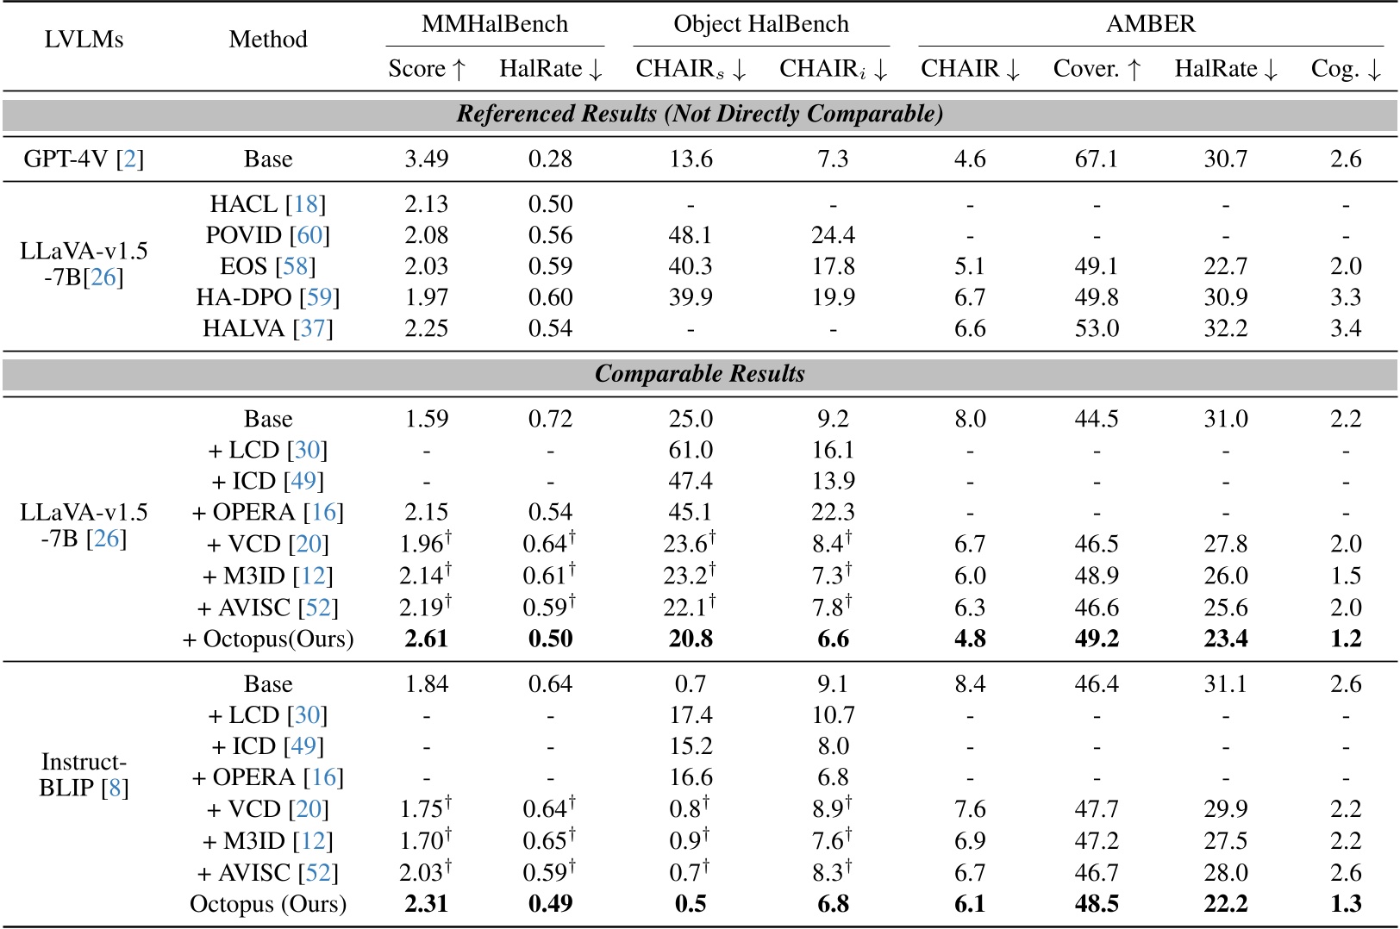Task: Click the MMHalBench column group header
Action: pos(494,24)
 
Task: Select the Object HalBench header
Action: pos(760,24)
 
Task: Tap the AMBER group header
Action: pos(1150,24)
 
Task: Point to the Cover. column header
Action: pos(1097,69)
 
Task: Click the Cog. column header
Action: pos(1345,69)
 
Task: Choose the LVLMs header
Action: pos(84,40)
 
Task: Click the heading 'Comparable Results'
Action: pos(699,374)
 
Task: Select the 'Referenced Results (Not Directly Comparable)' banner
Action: pos(699,114)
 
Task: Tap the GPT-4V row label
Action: pos(84,159)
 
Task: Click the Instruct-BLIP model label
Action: pos(84,775)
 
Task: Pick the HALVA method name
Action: pos(267,328)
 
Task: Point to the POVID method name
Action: pos(267,235)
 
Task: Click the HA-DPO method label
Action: pos(267,297)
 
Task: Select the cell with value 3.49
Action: pos(426,159)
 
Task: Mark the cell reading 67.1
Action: pos(1096,159)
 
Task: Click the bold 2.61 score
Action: pos(426,639)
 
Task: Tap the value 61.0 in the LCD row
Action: pos(691,450)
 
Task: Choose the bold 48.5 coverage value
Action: pos(1096,904)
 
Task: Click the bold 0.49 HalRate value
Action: pos(550,904)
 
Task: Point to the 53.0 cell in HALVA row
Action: pos(1096,328)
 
